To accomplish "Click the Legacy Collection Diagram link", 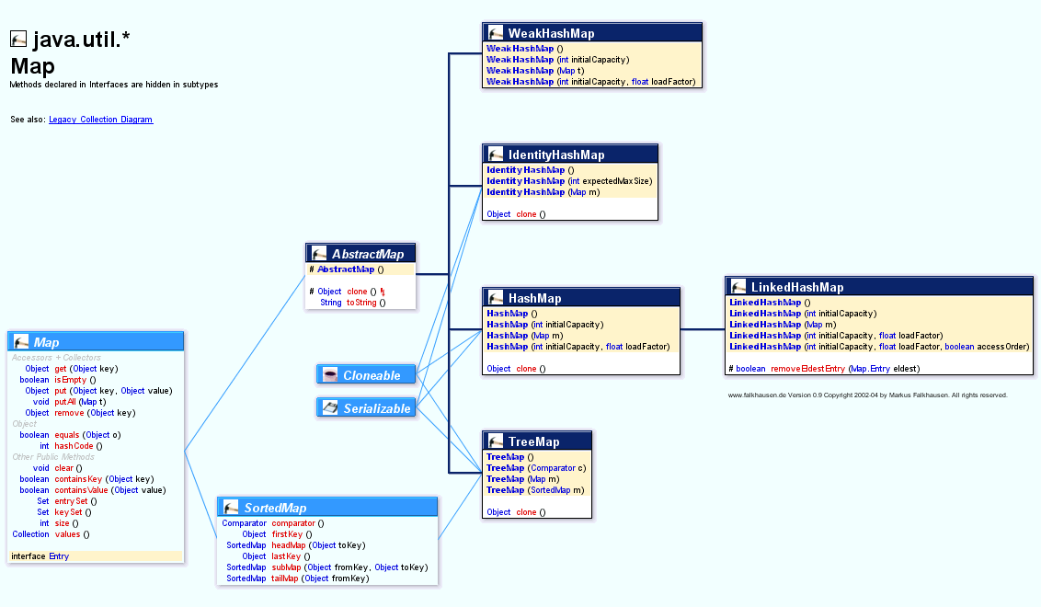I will pyautogui.click(x=100, y=120).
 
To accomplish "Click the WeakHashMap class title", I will pyautogui.click(x=551, y=33).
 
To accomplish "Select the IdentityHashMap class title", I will pyautogui.click(x=556, y=155).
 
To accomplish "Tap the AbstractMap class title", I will pyautogui.click(x=367, y=254).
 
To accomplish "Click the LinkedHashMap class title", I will pyautogui.click(x=796, y=287).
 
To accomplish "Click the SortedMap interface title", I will pyautogui.click(x=275, y=508).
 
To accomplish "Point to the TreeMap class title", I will pyautogui.click(x=533, y=441).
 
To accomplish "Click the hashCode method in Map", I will pyautogui.click(x=77, y=446).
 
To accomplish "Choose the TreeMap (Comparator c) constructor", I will pyautogui.click(x=536, y=468).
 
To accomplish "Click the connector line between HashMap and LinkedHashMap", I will pyautogui.click(x=703, y=328).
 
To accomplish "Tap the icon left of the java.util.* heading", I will pyautogui.click(x=18, y=39).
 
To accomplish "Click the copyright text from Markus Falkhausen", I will pyautogui.click(x=867, y=395).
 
